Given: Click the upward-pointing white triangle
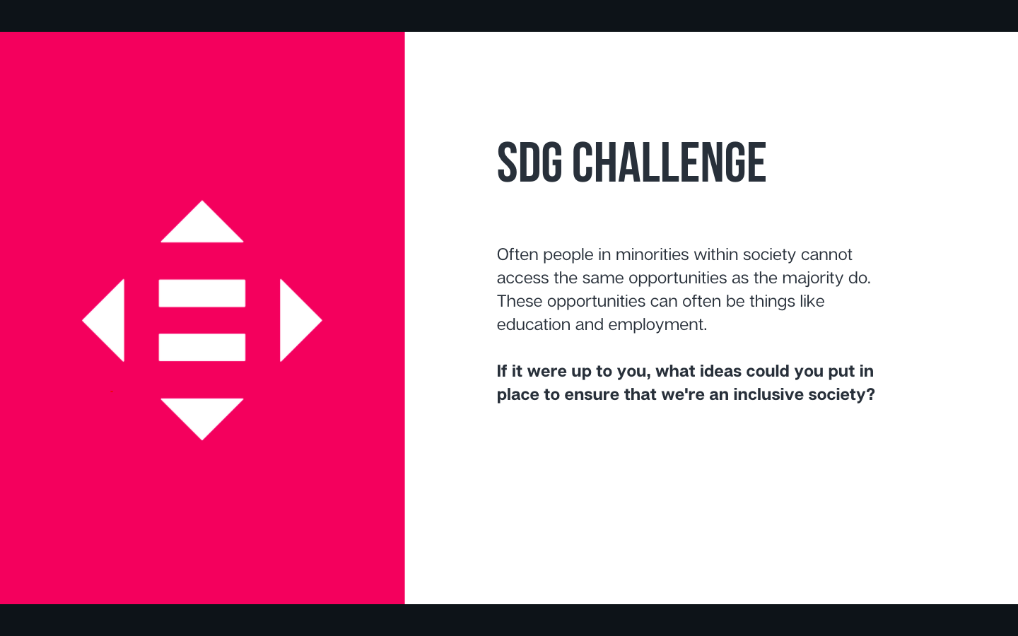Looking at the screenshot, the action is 202,226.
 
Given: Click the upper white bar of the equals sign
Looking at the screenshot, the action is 202,293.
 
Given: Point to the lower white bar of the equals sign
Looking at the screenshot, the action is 202,348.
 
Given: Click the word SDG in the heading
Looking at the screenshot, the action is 530,163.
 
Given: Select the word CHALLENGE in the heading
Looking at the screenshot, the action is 669,163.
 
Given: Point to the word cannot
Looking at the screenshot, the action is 826,255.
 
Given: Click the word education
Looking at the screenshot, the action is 534,325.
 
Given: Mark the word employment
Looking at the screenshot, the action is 657,325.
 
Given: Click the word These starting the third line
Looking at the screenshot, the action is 520,301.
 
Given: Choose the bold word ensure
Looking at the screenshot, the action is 592,395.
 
